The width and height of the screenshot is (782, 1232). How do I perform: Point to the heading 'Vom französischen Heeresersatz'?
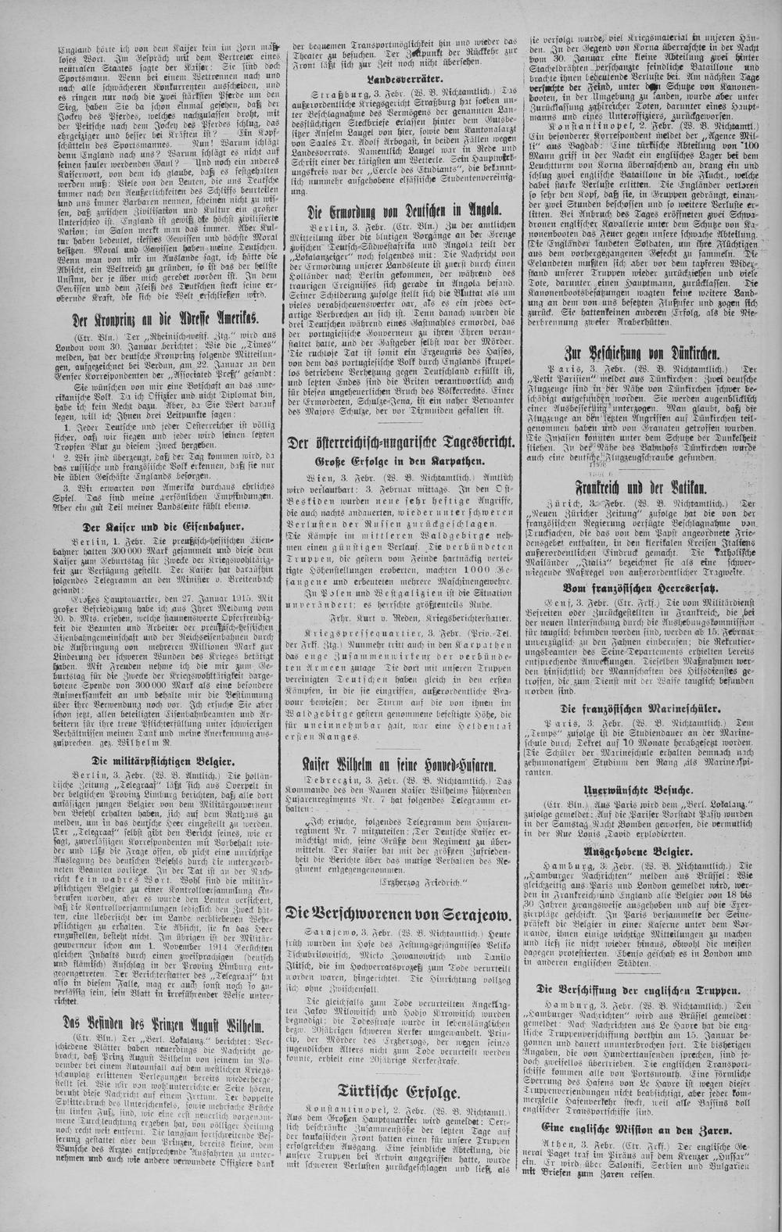(x=655, y=586)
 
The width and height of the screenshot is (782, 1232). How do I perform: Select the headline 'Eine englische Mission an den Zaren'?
(x=655, y=1129)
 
